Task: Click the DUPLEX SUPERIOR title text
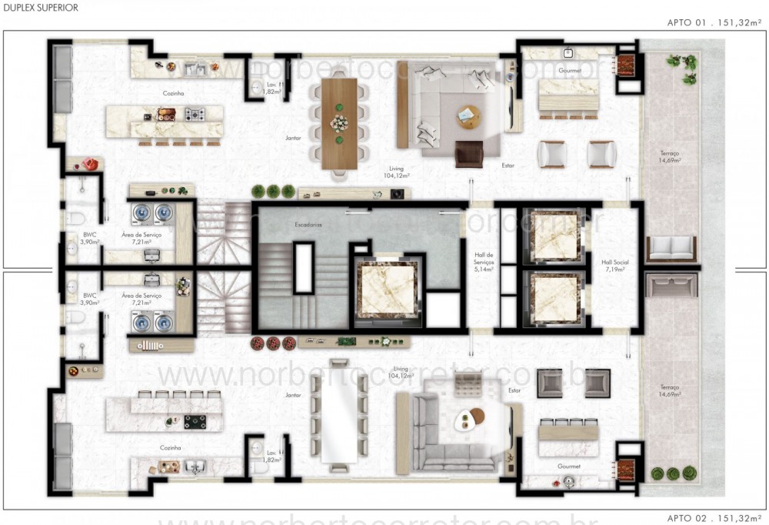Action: pyautogui.click(x=39, y=7)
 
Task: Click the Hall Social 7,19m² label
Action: pyautogui.click(x=614, y=266)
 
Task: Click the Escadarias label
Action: pyautogui.click(x=308, y=226)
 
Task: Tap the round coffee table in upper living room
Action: pyautogui.click(x=468, y=116)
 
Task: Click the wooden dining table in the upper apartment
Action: pyautogui.click(x=339, y=123)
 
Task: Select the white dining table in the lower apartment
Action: pyautogui.click(x=338, y=411)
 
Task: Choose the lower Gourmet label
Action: pyautogui.click(x=570, y=466)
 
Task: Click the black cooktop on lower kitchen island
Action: pyautogui.click(x=195, y=421)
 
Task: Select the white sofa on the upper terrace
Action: pyautogui.click(x=671, y=248)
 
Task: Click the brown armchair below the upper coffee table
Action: pyautogui.click(x=469, y=154)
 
